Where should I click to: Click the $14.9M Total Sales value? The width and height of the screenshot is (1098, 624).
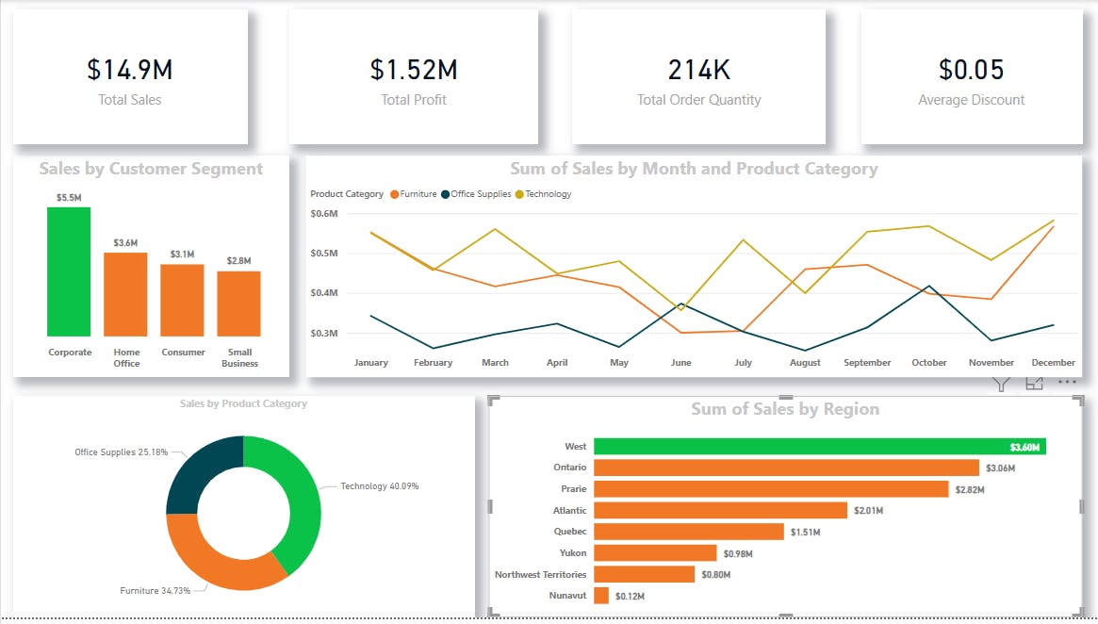point(130,70)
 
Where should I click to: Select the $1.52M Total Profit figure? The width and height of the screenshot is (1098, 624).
point(414,70)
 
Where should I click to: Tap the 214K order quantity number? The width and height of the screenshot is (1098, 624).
point(698,70)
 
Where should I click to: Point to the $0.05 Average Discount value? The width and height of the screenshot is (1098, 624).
point(971,70)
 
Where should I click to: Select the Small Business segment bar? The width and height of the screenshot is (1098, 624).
point(238,304)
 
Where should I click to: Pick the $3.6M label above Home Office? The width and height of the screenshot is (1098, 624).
point(125,243)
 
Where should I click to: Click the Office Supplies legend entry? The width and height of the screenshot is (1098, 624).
point(480,194)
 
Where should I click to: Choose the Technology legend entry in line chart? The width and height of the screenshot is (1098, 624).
point(548,194)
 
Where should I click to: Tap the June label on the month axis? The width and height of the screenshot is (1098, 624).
point(680,363)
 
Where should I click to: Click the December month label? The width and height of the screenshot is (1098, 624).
point(1053,363)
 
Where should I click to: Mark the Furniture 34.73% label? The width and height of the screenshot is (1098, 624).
point(156,591)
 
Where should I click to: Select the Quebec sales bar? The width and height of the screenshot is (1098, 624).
point(688,532)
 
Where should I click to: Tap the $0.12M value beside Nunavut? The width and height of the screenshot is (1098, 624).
point(630,597)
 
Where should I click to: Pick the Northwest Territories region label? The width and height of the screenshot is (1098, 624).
point(540,575)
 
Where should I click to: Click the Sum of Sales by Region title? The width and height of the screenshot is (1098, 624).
point(784,409)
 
